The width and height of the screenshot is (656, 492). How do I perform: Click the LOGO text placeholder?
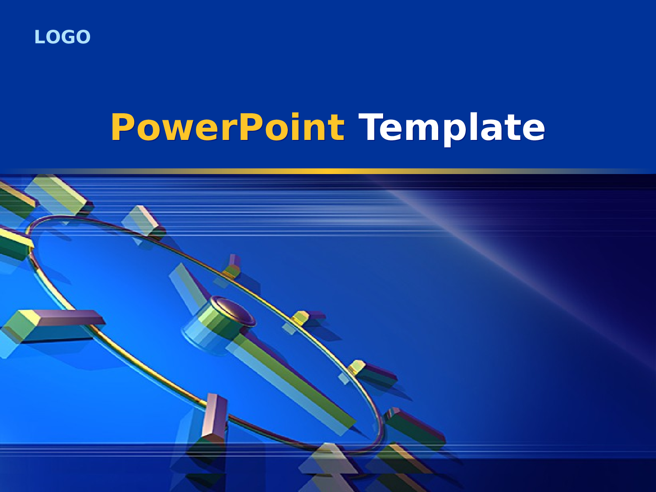(x=62, y=37)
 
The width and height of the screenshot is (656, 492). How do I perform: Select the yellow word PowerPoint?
(x=227, y=127)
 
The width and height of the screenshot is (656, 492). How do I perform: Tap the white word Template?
(x=452, y=127)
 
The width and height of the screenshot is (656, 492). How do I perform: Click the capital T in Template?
(x=371, y=127)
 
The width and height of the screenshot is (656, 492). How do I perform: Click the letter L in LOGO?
(x=39, y=37)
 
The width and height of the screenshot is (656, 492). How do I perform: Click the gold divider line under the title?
(x=328, y=171)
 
